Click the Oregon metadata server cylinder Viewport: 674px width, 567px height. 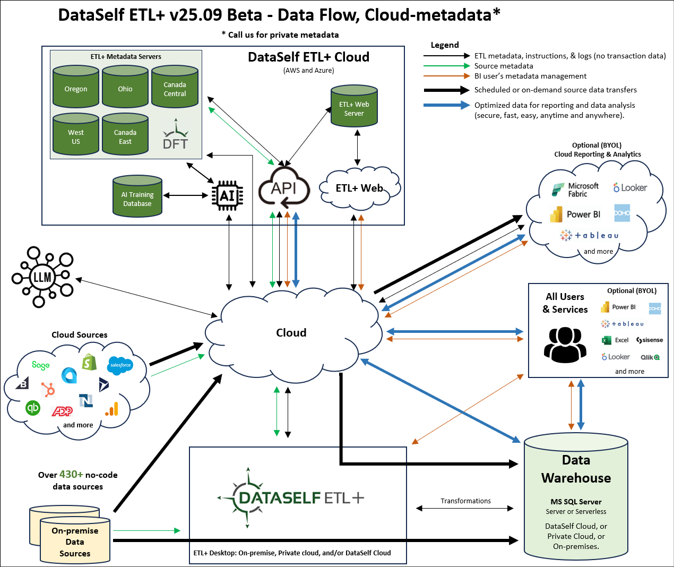76,87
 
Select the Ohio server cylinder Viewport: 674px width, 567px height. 125,87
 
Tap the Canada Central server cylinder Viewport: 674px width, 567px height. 175,87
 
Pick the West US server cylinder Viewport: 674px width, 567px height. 76,135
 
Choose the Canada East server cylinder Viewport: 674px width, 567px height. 125,135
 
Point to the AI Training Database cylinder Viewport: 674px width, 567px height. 137,197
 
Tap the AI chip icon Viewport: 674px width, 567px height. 227,196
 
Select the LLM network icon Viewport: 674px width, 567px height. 42,277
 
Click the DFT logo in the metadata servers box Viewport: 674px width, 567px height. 175,138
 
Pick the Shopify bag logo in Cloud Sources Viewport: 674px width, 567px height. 89,362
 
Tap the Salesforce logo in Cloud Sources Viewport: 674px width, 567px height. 120,365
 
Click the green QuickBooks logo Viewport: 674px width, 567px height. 33,408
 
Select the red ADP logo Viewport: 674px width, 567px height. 62,411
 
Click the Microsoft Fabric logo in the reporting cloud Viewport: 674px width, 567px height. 558,190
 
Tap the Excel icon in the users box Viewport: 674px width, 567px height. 606,340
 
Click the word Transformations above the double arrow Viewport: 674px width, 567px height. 465,501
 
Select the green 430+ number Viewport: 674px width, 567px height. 71,474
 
